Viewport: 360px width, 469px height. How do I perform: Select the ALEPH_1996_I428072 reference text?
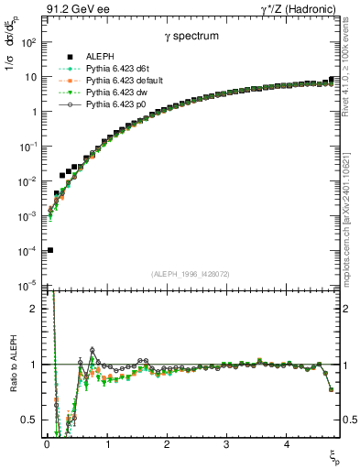pyautogui.click(x=191, y=274)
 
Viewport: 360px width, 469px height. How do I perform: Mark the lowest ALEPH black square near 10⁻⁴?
pyautogui.click(x=49, y=250)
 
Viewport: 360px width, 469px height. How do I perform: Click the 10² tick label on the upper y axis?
pyautogui.click(x=27, y=42)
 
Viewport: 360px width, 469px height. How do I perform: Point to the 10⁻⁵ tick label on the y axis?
pyautogui.click(x=27, y=286)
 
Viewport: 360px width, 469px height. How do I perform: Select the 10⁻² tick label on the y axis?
pyautogui.click(x=27, y=181)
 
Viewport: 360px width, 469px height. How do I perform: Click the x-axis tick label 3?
pyautogui.click(x=226, y=445)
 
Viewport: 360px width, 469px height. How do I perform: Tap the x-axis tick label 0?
pyautogui.click(x=47, y=445)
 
